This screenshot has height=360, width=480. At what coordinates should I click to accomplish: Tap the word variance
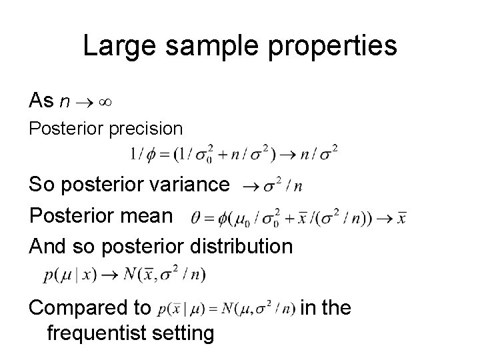coord(189,185)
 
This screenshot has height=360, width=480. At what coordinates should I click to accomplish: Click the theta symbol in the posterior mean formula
coord(195,217)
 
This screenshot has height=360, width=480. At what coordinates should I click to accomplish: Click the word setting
coord(184,333)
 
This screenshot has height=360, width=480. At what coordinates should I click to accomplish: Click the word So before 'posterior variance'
coord(42,185)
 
